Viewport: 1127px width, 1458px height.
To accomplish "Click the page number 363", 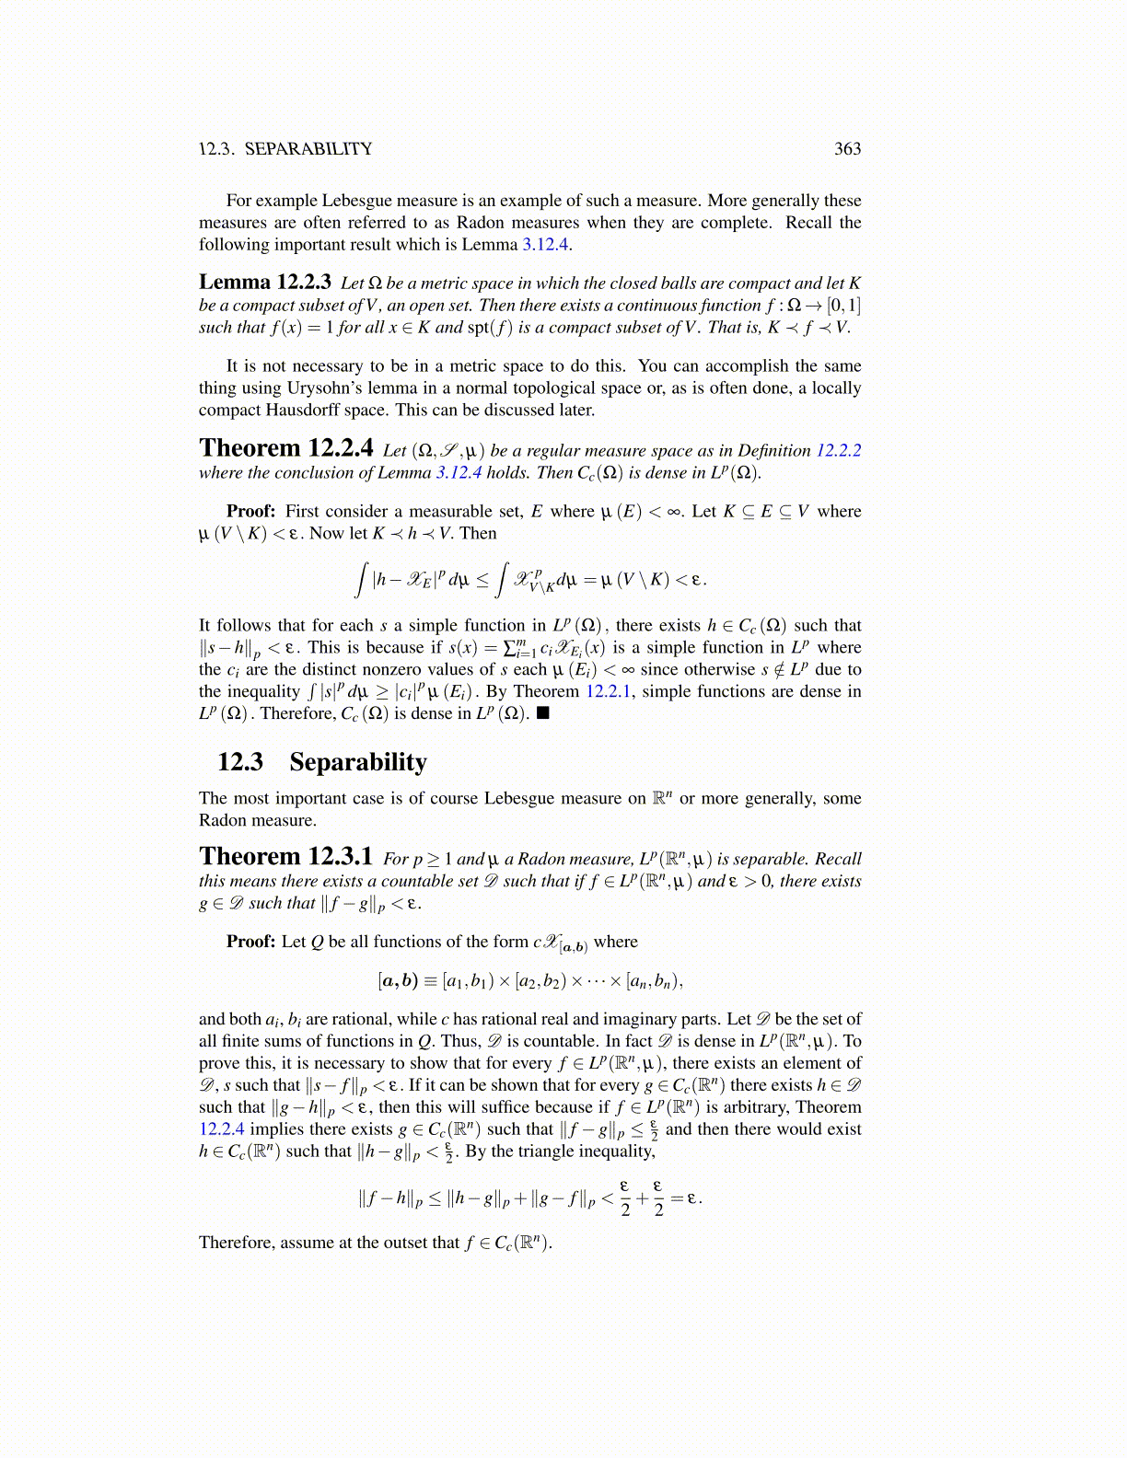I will [x=847, y=149].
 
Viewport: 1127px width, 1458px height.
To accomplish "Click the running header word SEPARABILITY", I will [x=308, y=149].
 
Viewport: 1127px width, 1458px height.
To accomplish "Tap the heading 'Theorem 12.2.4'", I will [x=286, y=449].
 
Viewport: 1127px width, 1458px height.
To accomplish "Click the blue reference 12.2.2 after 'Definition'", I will [x=838, y=451].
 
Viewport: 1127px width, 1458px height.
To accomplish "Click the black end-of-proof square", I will [x=542, y=713].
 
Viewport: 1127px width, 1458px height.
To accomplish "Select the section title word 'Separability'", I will [x=358, y=762].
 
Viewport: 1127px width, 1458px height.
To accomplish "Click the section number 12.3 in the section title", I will [x=240, y=762].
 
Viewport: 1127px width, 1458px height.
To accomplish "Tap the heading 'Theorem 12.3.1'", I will [x=285, y=858].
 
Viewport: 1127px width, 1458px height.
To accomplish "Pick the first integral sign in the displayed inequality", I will [x=363, y=580].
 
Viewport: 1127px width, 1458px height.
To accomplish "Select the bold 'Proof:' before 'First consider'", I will [x=250, y=512].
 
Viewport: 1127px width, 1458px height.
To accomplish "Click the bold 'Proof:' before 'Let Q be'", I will [x=250, y=942].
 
